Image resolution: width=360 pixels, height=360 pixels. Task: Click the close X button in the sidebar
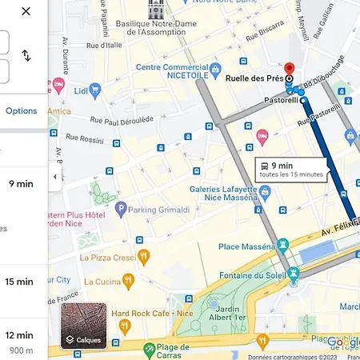pyautogui.click(x=26, y=12)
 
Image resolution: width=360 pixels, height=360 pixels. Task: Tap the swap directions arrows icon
pyautogui.click(x=26, y=55)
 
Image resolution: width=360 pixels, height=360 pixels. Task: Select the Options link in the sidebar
pyautogui.click(x=22, y=110)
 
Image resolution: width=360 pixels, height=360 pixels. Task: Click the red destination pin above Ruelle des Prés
pyautogui.click(x=290, y=69)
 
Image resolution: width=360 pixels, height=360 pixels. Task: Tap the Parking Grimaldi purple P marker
pyautogui.click(x=121, y=210)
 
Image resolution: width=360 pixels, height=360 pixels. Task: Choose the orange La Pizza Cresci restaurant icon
pyautogui.click(x=144, y=257)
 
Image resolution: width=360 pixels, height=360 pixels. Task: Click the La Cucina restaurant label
pyautogui.click(x=102, y=282)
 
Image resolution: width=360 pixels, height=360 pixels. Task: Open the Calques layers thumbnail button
pyautogui.click(x=83, y=326)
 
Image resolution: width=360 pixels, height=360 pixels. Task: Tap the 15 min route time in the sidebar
pyautogui.click(x=19, y=282)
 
